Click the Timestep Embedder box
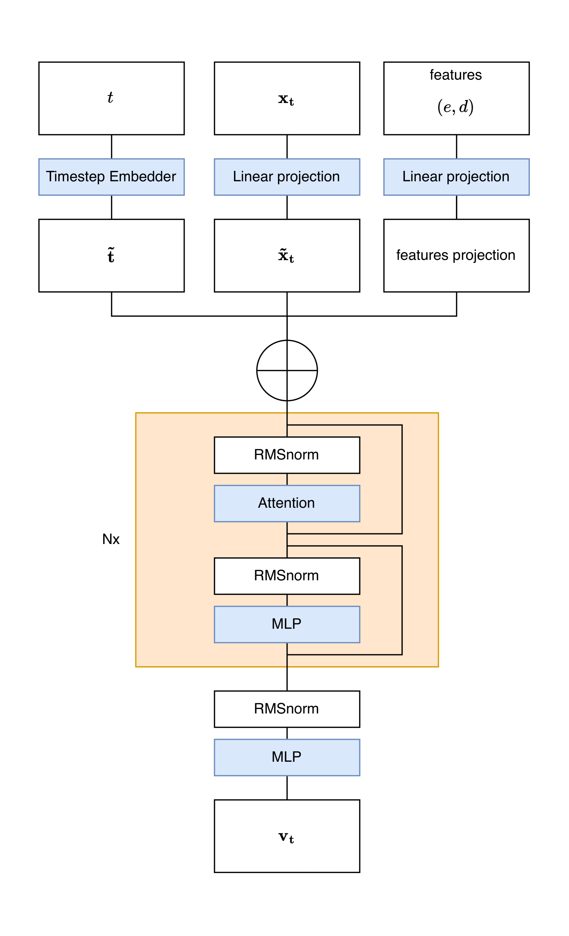point(111,177)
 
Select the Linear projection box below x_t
point(287,177)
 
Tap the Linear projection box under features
point(456,177)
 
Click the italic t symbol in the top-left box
point(110,98)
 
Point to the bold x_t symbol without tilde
point(286,100)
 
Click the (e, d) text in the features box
point(455,107)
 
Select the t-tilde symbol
point(111,255)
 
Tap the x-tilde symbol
point(286,256)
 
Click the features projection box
point(456,255)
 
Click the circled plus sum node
point(287,370)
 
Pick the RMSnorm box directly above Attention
point(287,455)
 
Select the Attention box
point(287,503)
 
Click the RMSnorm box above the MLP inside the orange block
point(287,576)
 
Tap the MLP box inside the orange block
point(287,624)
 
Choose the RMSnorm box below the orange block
point(287,709)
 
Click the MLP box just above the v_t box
point(287,757)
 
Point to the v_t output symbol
point(286,837)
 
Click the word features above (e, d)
point(455,75)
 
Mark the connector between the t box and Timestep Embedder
point(111,147)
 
